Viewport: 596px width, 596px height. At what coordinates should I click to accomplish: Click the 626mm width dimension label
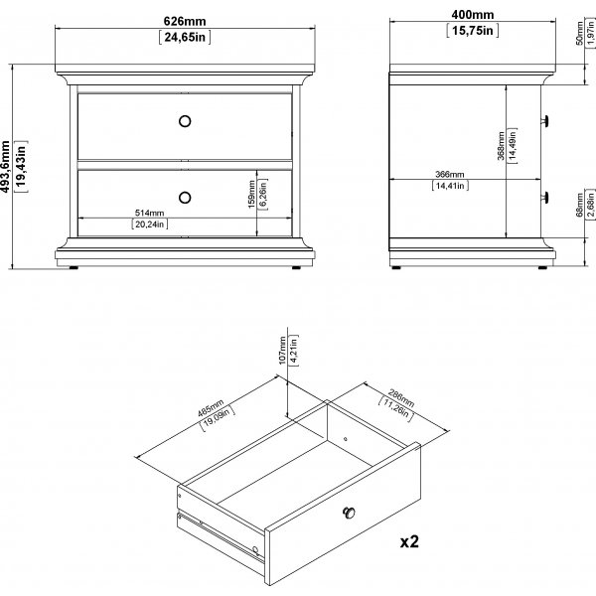click(x=185, y=21)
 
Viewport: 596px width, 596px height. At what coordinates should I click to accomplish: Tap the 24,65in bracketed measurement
click(x=185, y=38)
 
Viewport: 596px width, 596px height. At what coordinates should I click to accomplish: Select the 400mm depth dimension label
click(x=473, y=15)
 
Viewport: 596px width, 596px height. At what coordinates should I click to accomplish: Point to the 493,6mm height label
click(x=5, y=167)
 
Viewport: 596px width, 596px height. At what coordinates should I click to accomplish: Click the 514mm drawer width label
click(x=149, y=213)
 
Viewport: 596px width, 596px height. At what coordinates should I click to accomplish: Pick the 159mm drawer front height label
click(x=251, y=194)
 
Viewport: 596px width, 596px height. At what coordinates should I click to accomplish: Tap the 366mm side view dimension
click(x=450, y=174)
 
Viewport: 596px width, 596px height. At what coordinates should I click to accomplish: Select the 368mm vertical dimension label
click(x=501, y=146)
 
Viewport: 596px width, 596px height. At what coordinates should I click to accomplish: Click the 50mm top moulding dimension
click(x=579, y=34)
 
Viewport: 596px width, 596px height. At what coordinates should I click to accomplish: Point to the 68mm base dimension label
click(x=579, y=205)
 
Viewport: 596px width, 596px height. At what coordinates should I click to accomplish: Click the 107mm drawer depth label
click(x=282, y=351)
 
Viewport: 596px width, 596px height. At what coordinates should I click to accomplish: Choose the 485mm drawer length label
click(x=211, y=408)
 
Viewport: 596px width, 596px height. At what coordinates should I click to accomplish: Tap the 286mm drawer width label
click(x=401, y=397)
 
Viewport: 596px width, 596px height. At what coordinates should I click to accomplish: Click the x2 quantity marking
click(x=409, y=541)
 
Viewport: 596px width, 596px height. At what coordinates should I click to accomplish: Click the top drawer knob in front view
click(x=185, y=121)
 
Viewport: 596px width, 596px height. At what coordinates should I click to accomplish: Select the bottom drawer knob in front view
click(x=185, y=198)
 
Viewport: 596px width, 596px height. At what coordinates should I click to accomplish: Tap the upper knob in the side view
click(x=545, y=121)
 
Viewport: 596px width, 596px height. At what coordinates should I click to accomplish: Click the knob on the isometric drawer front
click(x=349, y=513)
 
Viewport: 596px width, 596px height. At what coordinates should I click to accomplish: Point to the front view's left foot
click(x=74, y=267)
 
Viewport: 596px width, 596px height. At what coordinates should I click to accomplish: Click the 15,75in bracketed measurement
click(x=473, y=31)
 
